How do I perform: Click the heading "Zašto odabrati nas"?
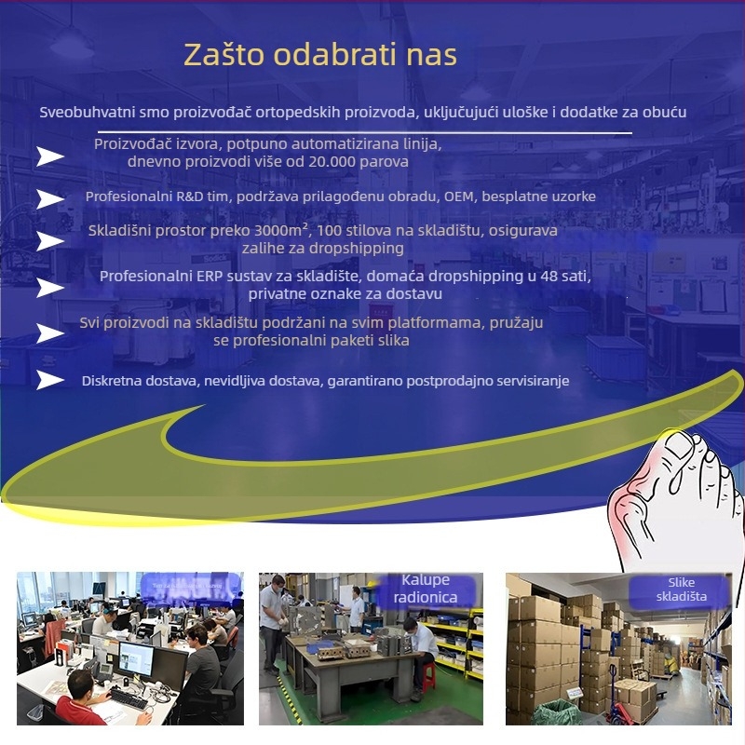(319, 55)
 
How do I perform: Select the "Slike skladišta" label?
(681, 589)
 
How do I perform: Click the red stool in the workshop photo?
(427, 675)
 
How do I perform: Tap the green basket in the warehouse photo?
(557, 712)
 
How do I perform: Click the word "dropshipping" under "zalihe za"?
(359, 248)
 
